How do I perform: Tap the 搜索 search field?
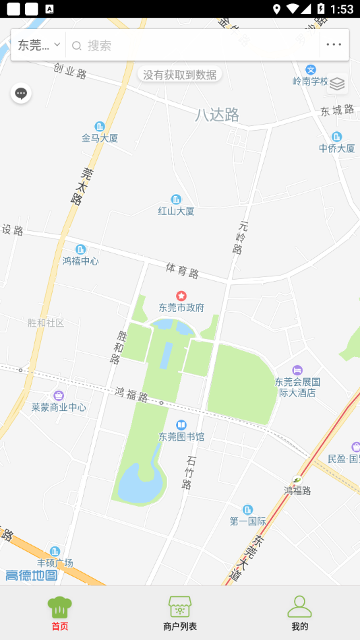pos(196,46)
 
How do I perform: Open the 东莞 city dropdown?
pos(38,45)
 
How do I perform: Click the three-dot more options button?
pos(334,45)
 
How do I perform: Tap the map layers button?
pos(337,84)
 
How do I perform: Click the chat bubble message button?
pos(21,94)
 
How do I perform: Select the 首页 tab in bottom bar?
pos(60,612)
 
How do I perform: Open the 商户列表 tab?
pos(180,612)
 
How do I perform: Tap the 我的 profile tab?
pos(299,612)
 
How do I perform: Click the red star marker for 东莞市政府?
pos(181,296)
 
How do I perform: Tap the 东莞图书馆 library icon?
pos(181,425)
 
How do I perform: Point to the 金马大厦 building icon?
pos(100,127)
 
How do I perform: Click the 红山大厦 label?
pos(176,211)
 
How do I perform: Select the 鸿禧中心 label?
pos(80,261)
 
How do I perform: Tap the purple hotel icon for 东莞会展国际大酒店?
pos(297,371)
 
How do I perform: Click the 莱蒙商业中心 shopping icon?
pos(59,395)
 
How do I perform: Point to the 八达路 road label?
pos(217,115)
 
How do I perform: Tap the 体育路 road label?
pos(182,271)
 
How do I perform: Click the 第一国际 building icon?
pos(248,509)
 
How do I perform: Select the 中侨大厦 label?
pos(337,148)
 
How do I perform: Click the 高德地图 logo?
pos(32,575)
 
